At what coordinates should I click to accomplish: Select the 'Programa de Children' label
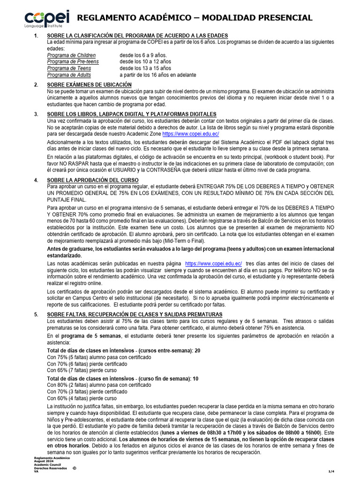pyautogui.click(x=71, y=55)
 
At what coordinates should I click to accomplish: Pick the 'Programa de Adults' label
pyautogui.click(x=69, y=75)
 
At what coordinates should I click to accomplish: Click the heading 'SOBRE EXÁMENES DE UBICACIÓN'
pyautogui.click(x=90, y=84)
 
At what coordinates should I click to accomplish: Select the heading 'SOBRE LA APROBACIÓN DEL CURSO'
pyautogui.click(x=93, y=180)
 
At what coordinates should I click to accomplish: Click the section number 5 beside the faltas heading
pyautogui.click(x=36, y=314)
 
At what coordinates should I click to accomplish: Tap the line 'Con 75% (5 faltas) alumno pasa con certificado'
pyautogui.click(x=96, y=357)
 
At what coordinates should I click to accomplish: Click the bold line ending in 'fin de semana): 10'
pyautogui.click(x=123, y=378)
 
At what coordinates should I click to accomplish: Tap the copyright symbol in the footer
pyautogui.click(x=74, y=468)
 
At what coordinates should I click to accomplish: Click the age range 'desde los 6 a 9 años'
pyautogui.click(x=143, y=55)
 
